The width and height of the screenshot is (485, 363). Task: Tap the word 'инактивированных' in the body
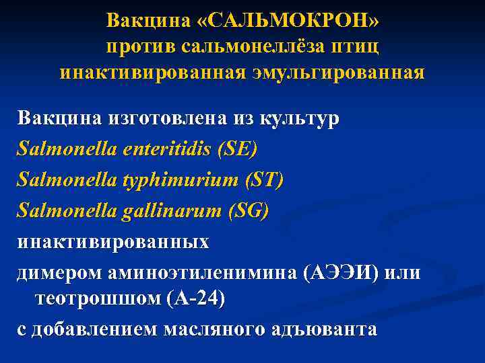coord(113,242)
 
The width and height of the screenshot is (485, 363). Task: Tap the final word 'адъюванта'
coord(327,330)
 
